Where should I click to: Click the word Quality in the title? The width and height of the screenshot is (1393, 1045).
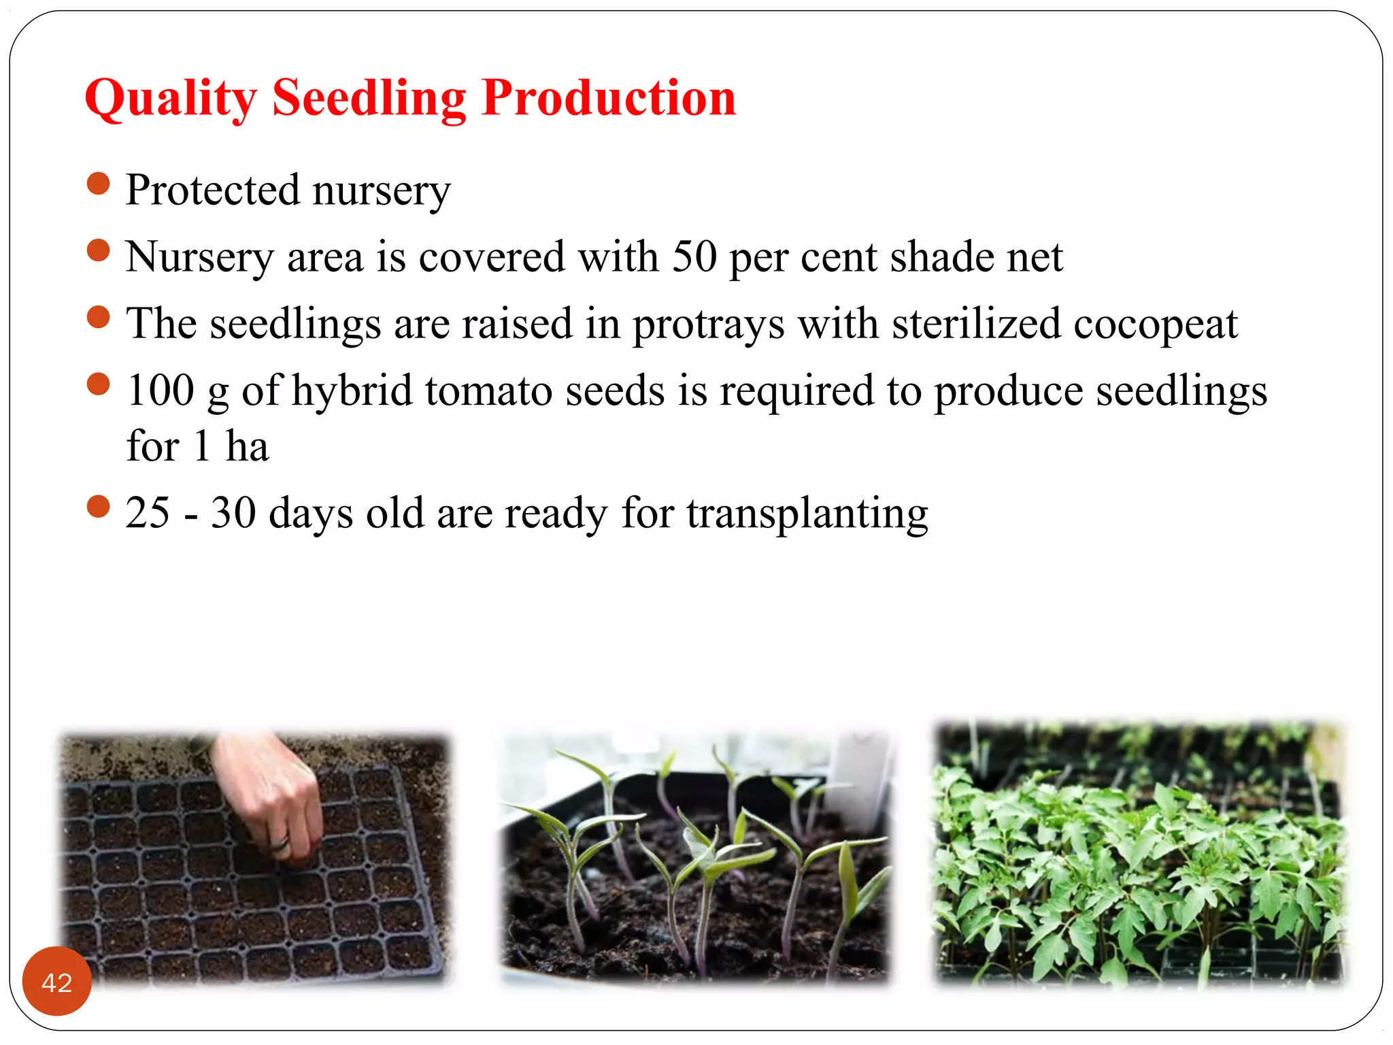(x=171, y=99)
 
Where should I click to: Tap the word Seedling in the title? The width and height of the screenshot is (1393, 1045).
(x=369, y=99)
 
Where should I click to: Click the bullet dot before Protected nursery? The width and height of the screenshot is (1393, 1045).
(x=99, y=184)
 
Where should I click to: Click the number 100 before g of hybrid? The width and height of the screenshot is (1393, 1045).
(x=161, y=391)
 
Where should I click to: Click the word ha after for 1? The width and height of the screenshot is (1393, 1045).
(x=247, y=446)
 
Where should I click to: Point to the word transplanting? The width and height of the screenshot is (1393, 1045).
(x=807, y=514)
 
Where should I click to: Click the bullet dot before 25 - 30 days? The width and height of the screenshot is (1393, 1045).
(x=99, y=506)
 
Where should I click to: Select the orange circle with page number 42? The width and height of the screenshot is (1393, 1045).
(x=57, y=981)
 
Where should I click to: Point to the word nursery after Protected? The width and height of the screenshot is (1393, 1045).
(x=382, y=191)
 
